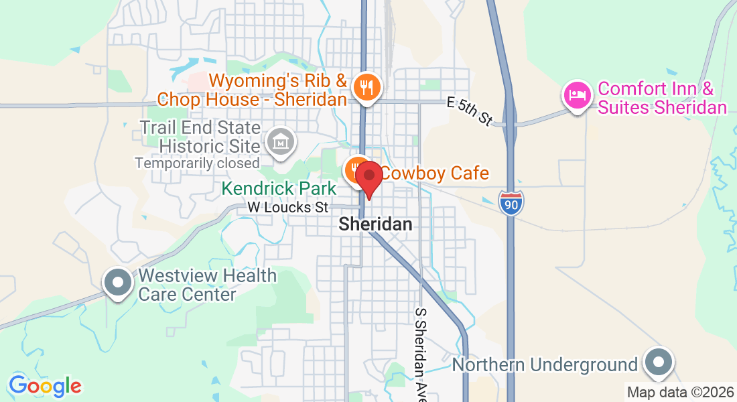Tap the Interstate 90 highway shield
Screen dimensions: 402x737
tap(511, 202)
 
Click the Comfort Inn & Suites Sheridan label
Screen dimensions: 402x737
tap(662, 98)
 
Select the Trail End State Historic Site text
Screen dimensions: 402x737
tap(200, 136)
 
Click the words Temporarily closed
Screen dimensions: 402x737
tap(197, 163)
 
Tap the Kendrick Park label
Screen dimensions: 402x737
tap(279, 189)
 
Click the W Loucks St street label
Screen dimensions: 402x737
tap(288, 208)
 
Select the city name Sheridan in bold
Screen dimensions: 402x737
tap(375, 224)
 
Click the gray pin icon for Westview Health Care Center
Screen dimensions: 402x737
tap(119, 283)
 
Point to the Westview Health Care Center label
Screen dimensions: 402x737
tap(206, 285)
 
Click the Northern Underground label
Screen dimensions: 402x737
tap(545, 365)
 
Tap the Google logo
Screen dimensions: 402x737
tap(45, 386)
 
